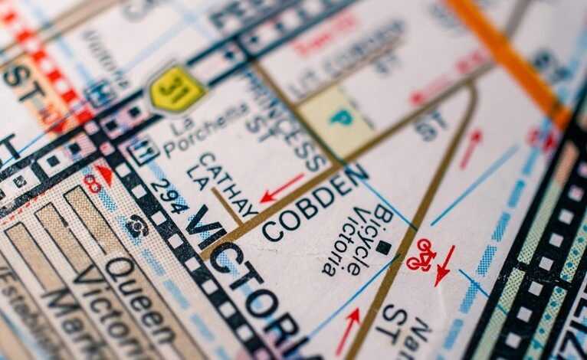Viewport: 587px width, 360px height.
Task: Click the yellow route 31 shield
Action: (x=176, y=88)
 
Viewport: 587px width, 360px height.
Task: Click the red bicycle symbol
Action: (x=421, y=255)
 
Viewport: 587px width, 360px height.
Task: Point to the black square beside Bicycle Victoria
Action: (x=383, y=247)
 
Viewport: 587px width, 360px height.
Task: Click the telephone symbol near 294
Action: (x=138, y=224)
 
